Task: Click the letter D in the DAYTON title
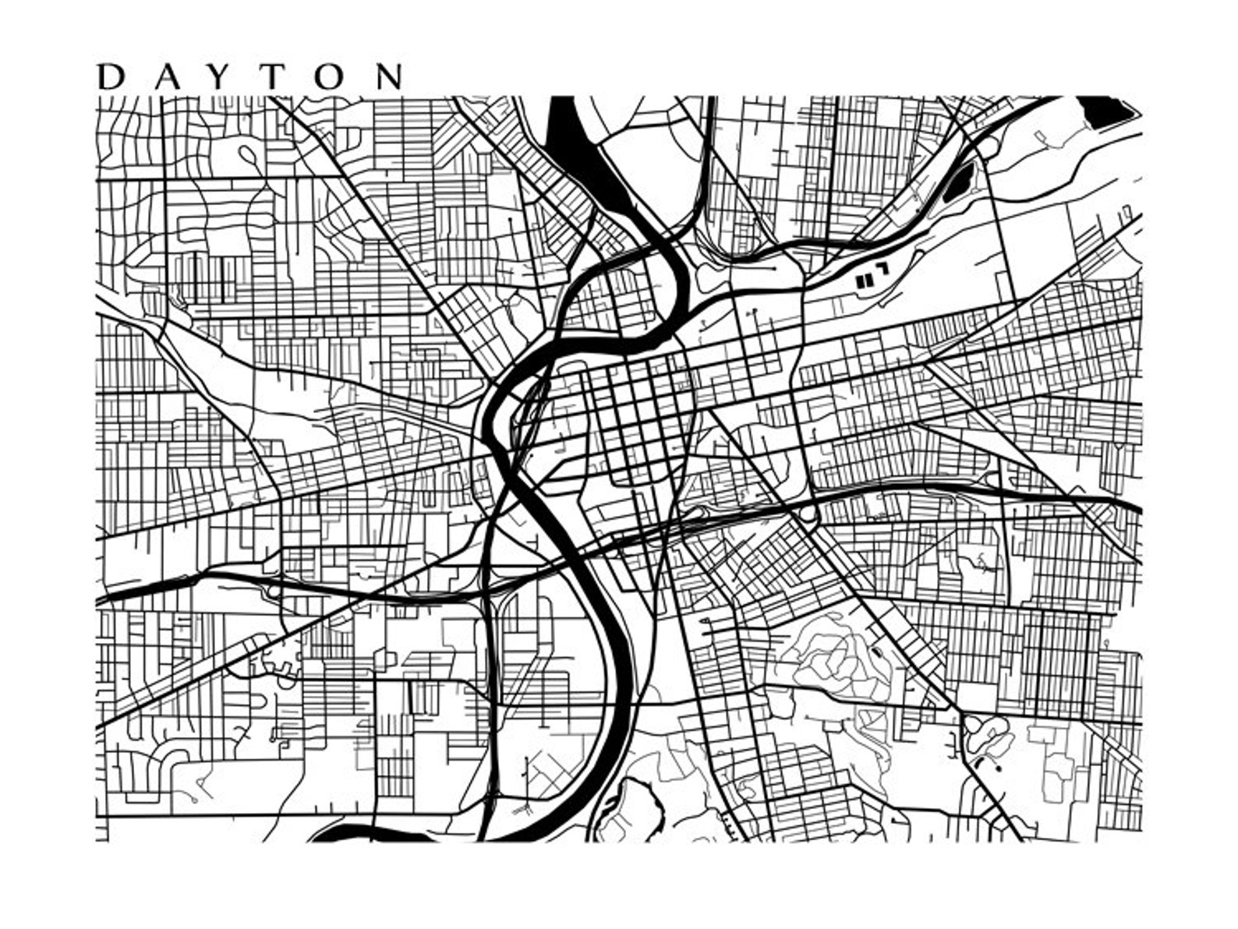click(x=111, y=77)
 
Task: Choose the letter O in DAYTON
click(x=332, y=77)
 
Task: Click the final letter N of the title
click(x=389, y=77)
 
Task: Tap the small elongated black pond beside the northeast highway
click(x=957, y=183)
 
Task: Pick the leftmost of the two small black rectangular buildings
click(x=861, y=281)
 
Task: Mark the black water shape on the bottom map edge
click(x=366, y=835)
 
